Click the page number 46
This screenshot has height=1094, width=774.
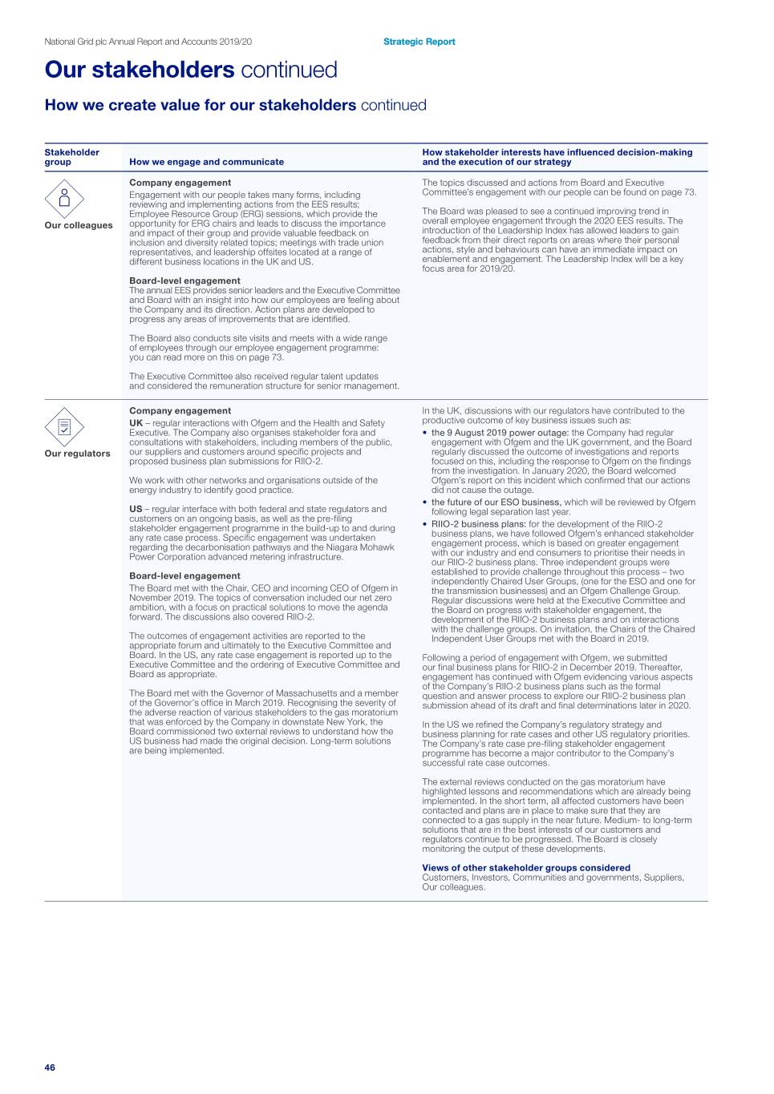click(x=50, y=1068)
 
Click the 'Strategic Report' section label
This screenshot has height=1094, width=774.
click(x=419, y=42)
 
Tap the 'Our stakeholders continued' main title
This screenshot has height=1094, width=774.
click(x=191, y=70)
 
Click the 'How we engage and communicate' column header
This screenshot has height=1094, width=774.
click(x=206, y=162)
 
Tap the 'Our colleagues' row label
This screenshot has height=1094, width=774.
click(x=79, y=225)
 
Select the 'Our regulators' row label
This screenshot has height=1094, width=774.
click(x=78, y=454)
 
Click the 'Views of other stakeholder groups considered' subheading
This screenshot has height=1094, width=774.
click(x=526, y=868)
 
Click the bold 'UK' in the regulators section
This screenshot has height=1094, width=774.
click(x=136, y=423)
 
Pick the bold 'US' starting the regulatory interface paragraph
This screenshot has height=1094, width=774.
click(x=136, y=509)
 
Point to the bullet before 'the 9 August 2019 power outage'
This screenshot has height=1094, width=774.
click(x=425, y=433)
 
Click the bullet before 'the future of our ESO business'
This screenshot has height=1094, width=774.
click(x=425, y=503)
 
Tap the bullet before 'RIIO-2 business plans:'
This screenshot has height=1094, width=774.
click(x=425, y=524)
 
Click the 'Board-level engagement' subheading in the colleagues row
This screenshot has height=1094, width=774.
click(x=184, y=281)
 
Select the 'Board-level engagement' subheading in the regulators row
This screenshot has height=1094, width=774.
click(x=184, y=575)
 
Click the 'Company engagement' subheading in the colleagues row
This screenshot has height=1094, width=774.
click(x=180, y=183)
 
